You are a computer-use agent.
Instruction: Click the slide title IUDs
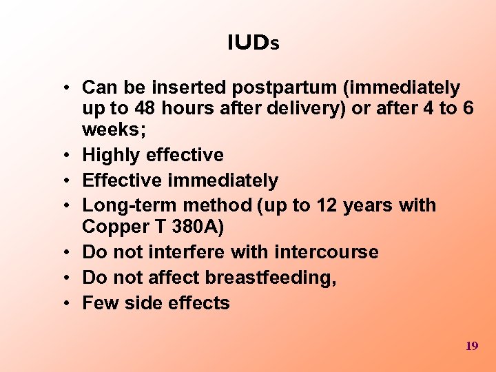[x=253, y=43]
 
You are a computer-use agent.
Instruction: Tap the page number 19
[x=472, y=346]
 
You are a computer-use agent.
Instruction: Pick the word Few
[x=97, y=303]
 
